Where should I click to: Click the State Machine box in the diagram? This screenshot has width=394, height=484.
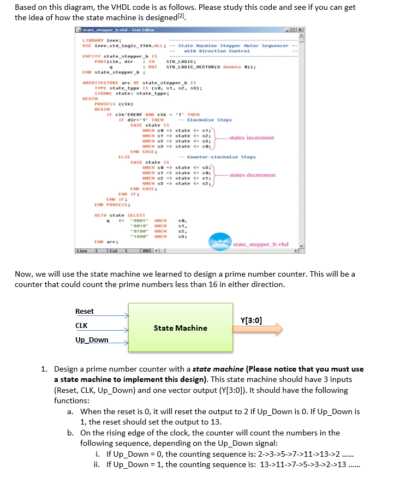point(180,328)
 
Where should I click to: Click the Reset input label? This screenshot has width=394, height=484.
point(85,311)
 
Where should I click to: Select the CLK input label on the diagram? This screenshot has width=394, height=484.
point(82,326)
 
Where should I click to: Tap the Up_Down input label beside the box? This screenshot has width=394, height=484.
point(92,340)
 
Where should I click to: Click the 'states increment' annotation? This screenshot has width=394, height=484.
point(252,138)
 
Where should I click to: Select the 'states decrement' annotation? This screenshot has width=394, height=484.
point(252,175)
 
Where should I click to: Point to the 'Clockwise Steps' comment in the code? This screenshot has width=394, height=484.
point(209,119)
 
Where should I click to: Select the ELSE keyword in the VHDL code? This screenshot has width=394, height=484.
point(124,157)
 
